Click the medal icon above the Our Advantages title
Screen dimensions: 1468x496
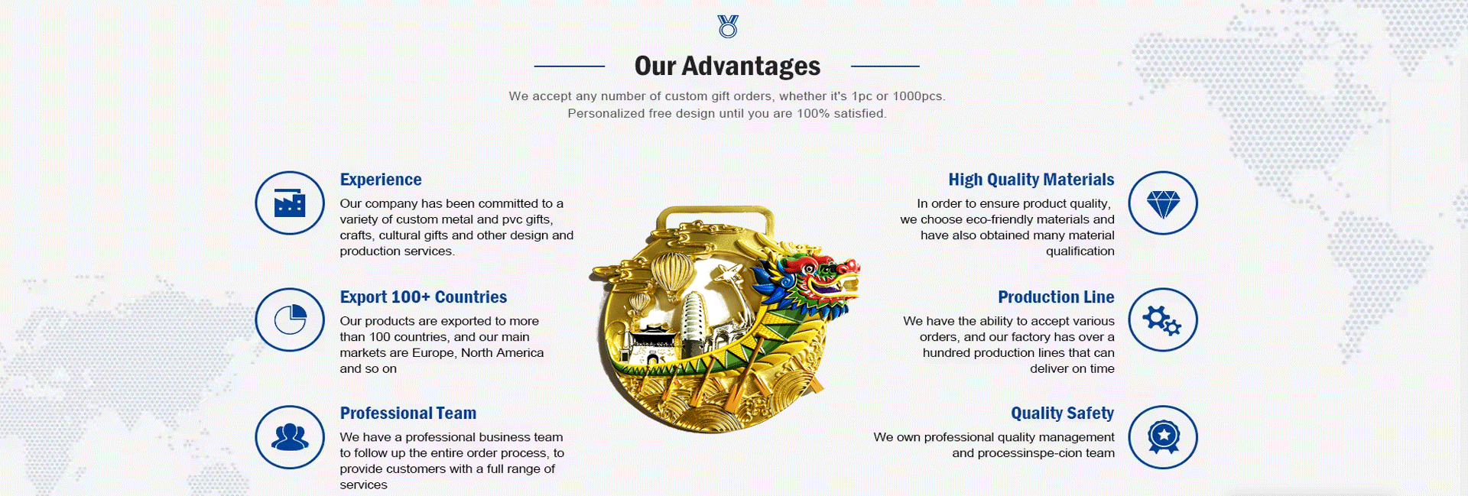pos(728,26)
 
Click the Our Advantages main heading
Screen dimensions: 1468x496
pos(727,66)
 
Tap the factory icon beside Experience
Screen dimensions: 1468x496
pos(290,203)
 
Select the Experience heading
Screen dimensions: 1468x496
pos(381,180)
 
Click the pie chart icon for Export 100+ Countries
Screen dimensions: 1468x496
pos(290,319)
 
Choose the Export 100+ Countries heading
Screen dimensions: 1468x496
pos(424,297)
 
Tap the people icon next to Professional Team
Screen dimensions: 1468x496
pos(290,437)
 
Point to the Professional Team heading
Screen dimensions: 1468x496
pos(408,413)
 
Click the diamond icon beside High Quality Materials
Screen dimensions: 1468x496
pos(1163,203)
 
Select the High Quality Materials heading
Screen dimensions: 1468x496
pos(1031,180)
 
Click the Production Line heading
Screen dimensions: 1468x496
pos(1056,297)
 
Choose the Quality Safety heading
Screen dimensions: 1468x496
pos(1063,413)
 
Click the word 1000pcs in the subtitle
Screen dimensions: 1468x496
pos(919,96)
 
